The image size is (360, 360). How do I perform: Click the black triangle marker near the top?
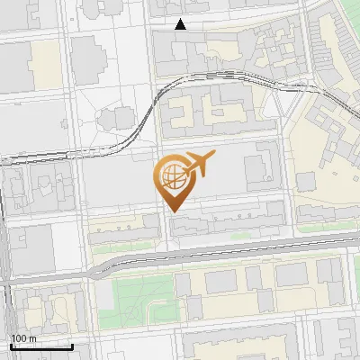pyautogui.click(x=180, y=24)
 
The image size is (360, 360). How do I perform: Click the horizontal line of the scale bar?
pyautogui.click(x=40, y=346)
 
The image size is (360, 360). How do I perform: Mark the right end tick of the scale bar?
pyautogui.click(x=72, y=345)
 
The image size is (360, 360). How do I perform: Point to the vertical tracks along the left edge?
pyautogui.click(x=4, y=261)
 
